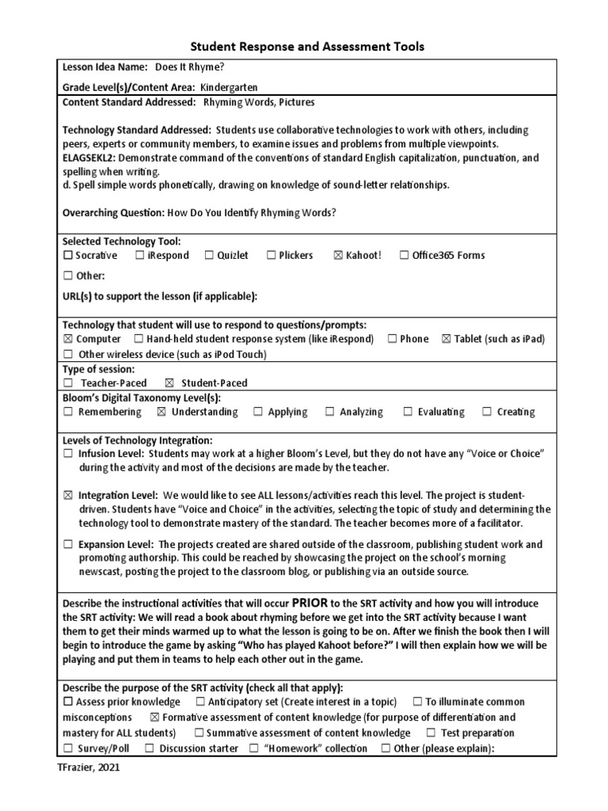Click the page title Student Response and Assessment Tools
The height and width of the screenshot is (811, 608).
coord(305,47)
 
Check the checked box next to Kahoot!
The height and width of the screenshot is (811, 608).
coord(339,256)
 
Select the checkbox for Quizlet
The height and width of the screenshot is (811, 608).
coord(210,256)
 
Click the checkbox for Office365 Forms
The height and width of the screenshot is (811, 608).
coord(405,256)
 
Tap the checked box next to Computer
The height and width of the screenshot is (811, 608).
coord(67,339)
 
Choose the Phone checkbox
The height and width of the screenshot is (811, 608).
coord(393,339)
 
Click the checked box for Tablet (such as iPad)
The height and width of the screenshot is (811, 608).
coord(446,339)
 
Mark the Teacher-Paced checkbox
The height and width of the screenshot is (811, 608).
coord(68,383)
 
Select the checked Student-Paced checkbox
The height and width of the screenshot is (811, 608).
coord(169,383)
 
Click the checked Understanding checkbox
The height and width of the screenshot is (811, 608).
coord(161,413)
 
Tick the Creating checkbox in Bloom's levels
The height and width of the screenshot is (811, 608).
coord(487,413)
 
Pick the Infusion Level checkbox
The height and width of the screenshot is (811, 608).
coord(68,455)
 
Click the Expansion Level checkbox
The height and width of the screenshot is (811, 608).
coord(68,545)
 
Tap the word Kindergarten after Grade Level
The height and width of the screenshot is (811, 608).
coord(229,88)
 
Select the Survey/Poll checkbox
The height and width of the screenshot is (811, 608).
coord(68,748)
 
